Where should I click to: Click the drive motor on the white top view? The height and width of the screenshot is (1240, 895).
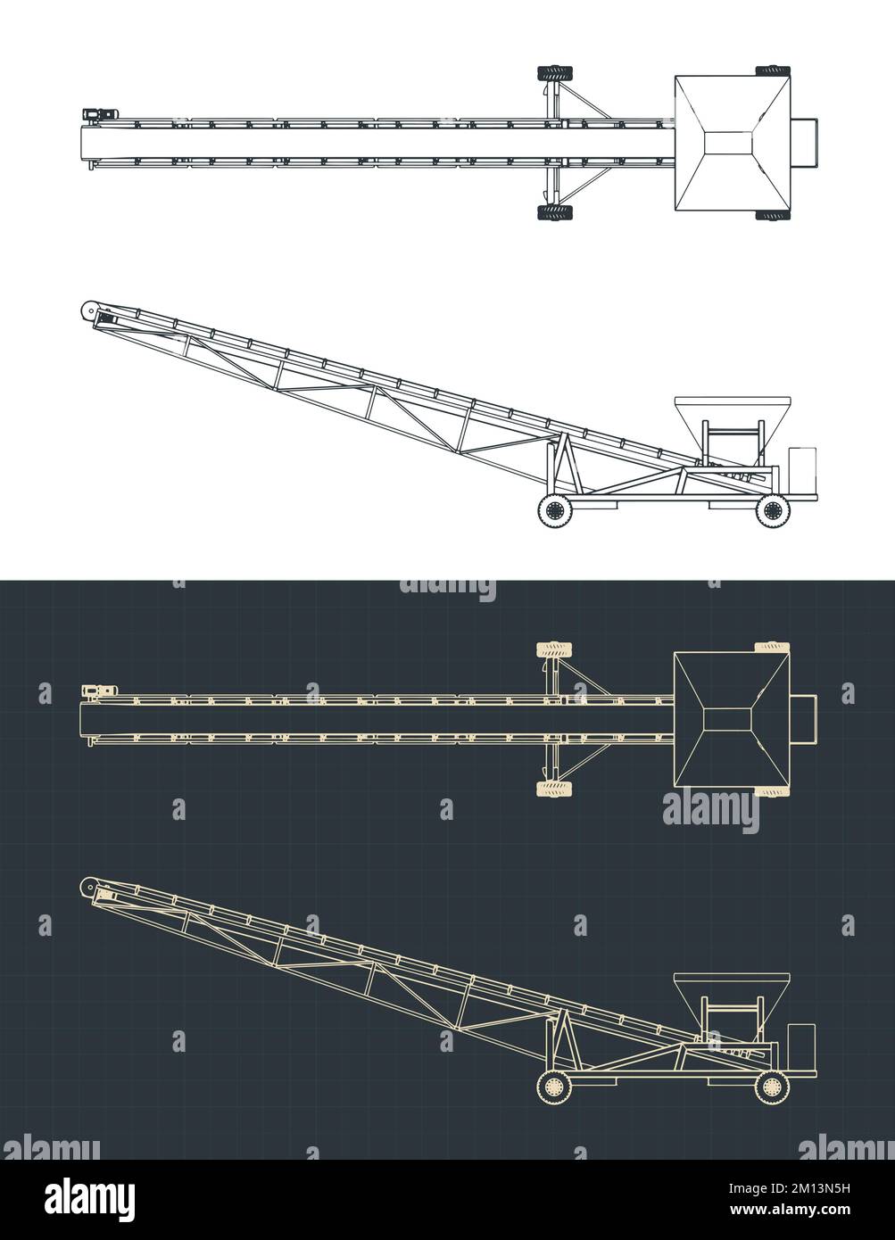95,114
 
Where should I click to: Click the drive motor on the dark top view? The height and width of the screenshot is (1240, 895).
95,690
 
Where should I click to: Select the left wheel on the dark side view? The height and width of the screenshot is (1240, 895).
554,1087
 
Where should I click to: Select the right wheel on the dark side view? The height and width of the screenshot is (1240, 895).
773,1087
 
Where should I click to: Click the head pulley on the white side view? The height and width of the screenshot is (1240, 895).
88,310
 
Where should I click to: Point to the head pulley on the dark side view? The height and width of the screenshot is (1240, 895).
88,886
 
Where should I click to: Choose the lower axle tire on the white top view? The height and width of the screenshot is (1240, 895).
555,212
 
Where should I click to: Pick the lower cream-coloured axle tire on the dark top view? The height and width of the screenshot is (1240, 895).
555,788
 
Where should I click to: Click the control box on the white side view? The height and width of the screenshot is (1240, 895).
802,468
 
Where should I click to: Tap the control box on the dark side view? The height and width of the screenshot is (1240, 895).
802,1044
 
